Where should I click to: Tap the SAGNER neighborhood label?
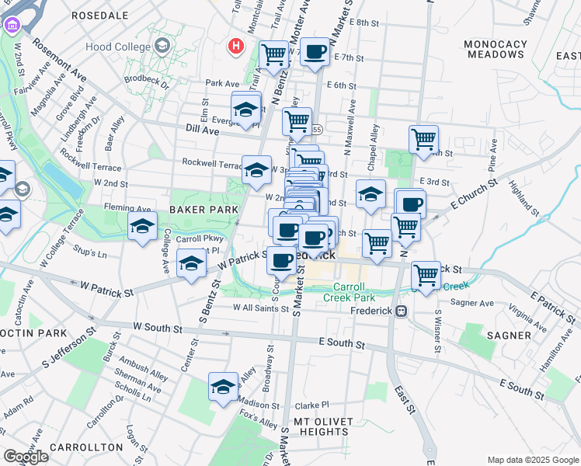pyautogui.click(x=507, y=336)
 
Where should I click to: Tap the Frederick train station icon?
pyautogui.click(x=402, y=311)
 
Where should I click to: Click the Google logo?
pyautogui.click(x=25, y=457)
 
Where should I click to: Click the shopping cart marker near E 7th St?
pyautogui.click(x=273, y=54)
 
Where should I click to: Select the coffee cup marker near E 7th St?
pyautogui.click(x=315, y=52)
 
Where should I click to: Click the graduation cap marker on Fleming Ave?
pyautogui.click(x=143, y=226)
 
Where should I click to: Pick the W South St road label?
pyautogui.click(x=157, y=329)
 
